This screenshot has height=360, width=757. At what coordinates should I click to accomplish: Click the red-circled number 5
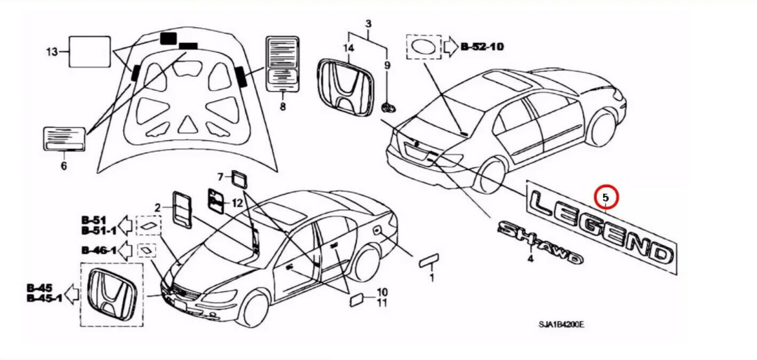(606, 197)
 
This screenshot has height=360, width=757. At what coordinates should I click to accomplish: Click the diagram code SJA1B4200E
(561, 325)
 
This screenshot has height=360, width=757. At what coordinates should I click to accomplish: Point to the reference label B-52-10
(482, 46)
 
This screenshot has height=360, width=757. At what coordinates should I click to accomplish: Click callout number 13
(52, 51)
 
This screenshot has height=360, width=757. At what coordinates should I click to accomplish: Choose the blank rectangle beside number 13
(88, 51)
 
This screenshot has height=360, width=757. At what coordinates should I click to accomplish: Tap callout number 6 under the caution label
(63, 166)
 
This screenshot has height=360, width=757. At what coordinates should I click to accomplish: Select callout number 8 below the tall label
(283, 107)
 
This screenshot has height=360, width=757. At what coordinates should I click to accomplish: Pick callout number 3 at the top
(368, 25)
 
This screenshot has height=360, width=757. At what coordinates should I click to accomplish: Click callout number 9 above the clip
(387, 65)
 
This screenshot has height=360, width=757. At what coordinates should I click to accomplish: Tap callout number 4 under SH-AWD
(530, 259)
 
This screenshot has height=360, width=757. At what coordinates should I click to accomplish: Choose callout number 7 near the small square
(221, 176)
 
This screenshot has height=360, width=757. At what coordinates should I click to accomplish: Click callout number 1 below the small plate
(431, 277)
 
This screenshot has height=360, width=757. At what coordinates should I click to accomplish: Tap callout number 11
(382, 303)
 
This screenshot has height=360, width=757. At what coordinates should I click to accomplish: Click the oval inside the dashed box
(424, 47)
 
